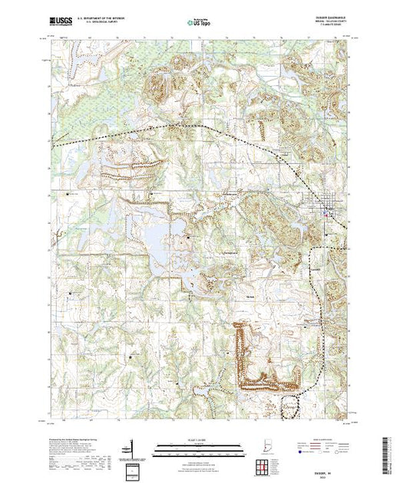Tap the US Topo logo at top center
coord(200,22)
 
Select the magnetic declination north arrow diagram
coord(136,448)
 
